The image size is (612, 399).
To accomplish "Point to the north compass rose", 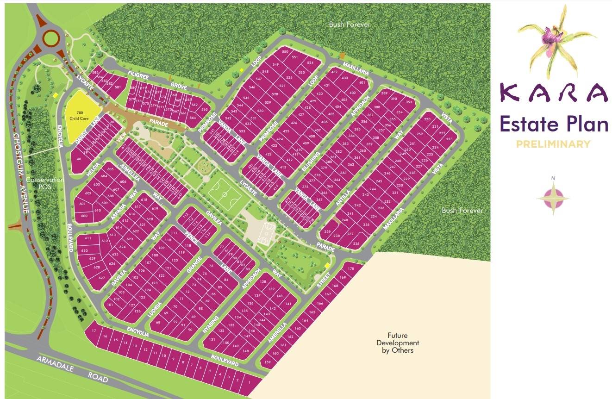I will (553, 196).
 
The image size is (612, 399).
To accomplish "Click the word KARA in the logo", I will (554, 93).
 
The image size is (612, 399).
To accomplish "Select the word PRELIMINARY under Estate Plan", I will (553, 144).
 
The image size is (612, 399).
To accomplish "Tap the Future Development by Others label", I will (398, 343).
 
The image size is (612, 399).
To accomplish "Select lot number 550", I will (285, 52).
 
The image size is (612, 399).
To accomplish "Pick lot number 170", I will (350, 269).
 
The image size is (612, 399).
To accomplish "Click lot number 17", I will (94, 330).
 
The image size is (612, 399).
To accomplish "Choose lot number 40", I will (79, 159).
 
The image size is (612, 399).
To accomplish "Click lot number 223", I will (449, 139).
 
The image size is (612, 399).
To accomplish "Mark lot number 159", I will (268, 362).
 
